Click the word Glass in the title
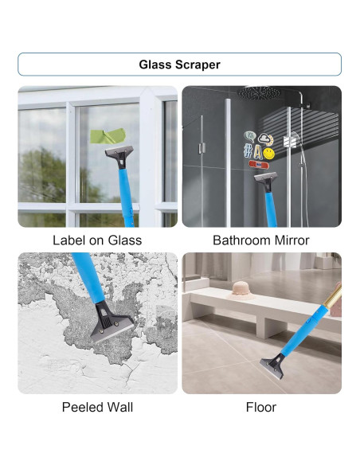coord(155,64)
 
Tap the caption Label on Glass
coord(97,240)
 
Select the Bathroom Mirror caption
coord(261,240)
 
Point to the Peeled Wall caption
coord(97,407)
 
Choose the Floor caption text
coord(261,407)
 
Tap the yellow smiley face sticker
coord(269,151)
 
